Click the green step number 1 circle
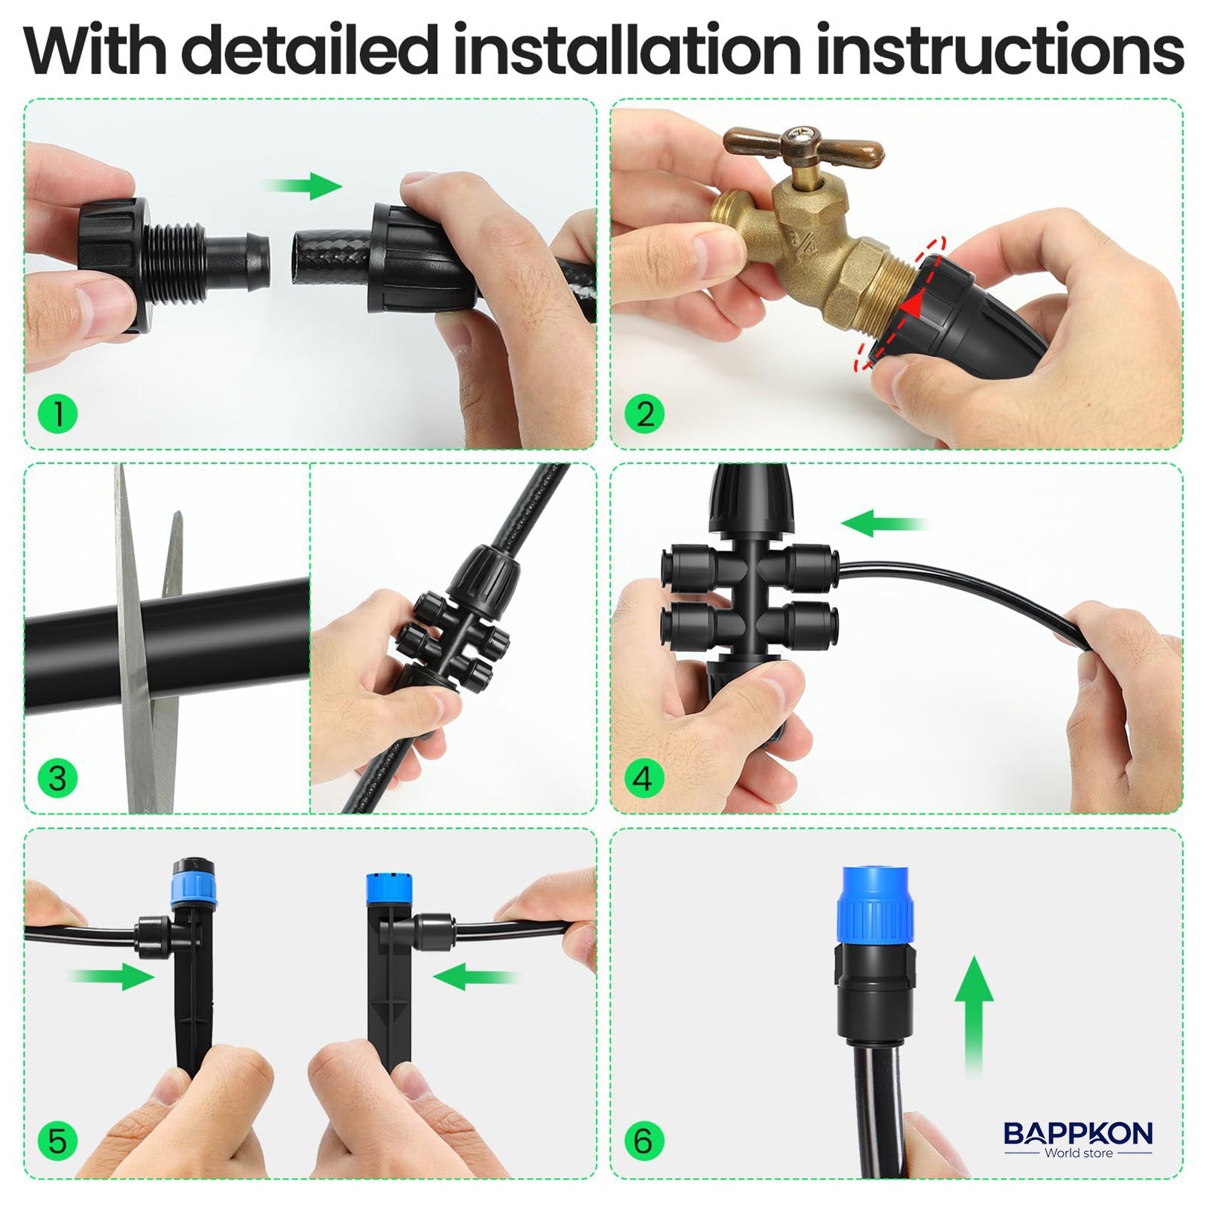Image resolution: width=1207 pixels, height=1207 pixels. pos(57,414)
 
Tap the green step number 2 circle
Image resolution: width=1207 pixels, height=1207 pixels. pos(645,414)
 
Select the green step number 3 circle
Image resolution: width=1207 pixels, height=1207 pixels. pos(57,779)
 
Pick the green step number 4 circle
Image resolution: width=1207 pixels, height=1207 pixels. pos(645,779)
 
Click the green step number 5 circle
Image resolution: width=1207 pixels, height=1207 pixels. pos(57,1141)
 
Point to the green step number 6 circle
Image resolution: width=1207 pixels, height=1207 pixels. pos(645,1141)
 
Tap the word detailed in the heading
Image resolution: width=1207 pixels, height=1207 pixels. pos(311,51)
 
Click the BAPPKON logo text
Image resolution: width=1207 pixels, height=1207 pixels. pos(1077,1133)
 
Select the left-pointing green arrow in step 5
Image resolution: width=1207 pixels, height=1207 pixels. pos(473,975)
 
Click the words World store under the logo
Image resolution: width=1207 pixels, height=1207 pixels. pos(1078,1153)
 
